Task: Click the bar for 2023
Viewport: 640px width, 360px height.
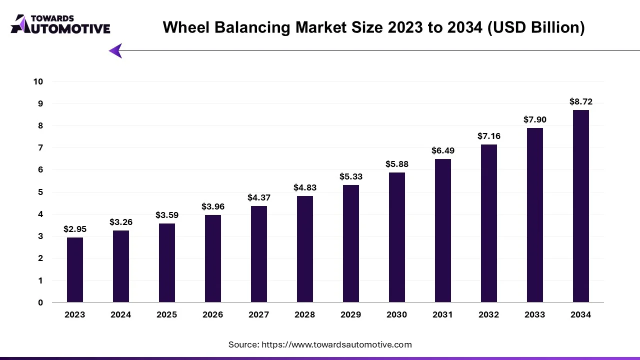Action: click(x=75, y=270)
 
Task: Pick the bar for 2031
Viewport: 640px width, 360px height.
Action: click(x=443, y=230)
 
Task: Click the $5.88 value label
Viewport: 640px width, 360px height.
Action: click(x=397, y=164)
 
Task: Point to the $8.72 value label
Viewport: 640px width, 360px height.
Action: click(x=581, y=101)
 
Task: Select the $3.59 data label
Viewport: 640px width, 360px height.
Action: click(x=167, y=215)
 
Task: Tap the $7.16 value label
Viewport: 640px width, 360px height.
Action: click(x=489, y=136)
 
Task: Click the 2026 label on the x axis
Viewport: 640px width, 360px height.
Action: click(x=213, y=314)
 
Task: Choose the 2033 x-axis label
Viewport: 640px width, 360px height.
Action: click(x=535, y=314)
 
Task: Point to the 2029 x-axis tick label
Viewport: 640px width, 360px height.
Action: click(x=351, y=314)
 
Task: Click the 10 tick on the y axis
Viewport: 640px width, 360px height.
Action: click(x=38, y=81)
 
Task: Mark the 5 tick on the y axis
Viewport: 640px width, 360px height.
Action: click(x=40, y=192)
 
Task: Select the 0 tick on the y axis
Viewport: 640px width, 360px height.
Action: click(x=40, y=302)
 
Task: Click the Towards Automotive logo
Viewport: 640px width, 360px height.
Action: click(x=60, y=24)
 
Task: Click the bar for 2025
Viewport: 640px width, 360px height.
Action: click(x=167, y=263)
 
